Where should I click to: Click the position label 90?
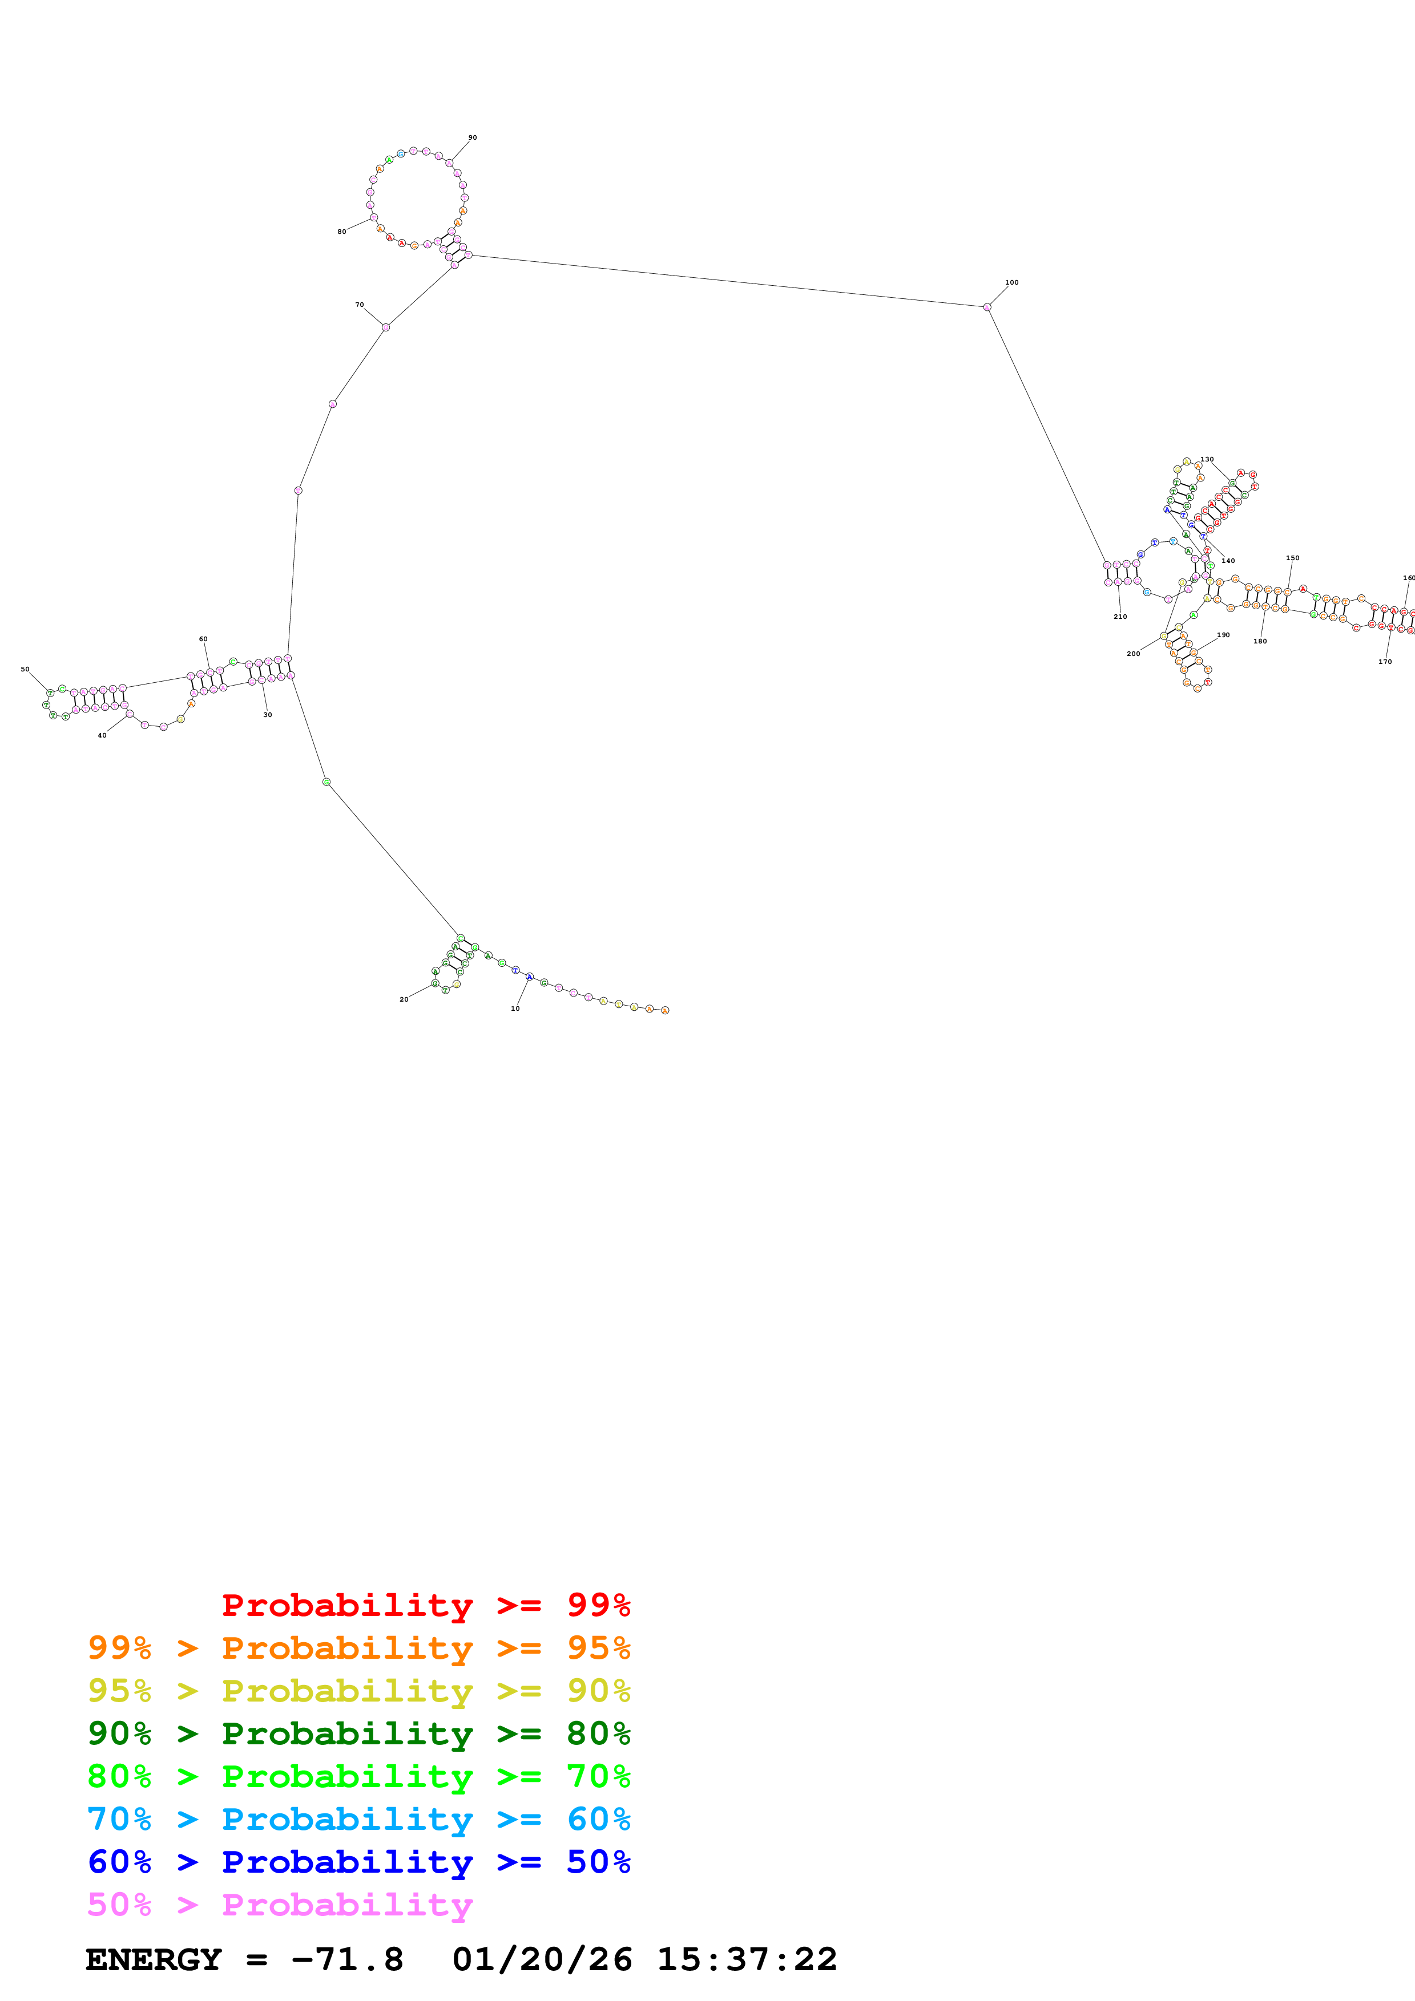[473, 137]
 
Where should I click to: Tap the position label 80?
[342, 232]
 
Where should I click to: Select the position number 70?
[359, 305]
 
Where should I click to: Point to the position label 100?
[1011, 282]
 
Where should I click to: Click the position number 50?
[25, 669]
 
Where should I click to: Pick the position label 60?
[203, 639]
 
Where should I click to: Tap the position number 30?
[268, 715]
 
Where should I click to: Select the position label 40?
[102, 736]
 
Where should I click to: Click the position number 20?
[404, 999]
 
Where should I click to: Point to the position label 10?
[515, 1008]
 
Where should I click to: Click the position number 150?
[1292, 558]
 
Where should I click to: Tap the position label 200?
[1134, 654]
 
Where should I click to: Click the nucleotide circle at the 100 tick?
[987, 307]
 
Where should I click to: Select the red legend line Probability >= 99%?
[425, 1605]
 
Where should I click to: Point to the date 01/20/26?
[542, 1959]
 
